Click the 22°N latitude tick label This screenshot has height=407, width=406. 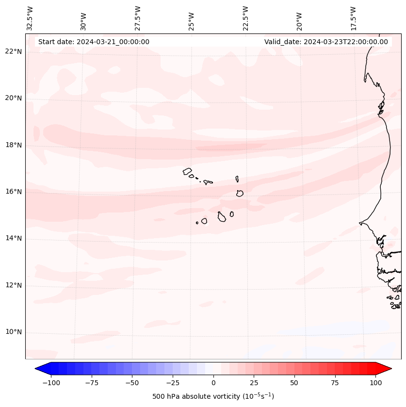[x=13, y=51]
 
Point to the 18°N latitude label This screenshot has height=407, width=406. [x=13, y=145]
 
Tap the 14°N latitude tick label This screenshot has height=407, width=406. [x=13, y=238]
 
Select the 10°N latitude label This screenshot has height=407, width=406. [x=13, y=332]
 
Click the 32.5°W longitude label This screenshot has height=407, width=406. [x=30, y=18]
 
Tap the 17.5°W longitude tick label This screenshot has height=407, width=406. [x=353, y=18]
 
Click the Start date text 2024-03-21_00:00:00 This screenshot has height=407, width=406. [x=94, y=42]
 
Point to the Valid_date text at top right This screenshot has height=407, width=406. [x=326, y=42]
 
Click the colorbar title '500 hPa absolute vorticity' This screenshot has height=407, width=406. [x=213, y=396]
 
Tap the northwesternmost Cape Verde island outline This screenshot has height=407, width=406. [x=187, y=171]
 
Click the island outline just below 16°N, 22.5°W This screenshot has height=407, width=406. [x=240, y=193]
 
